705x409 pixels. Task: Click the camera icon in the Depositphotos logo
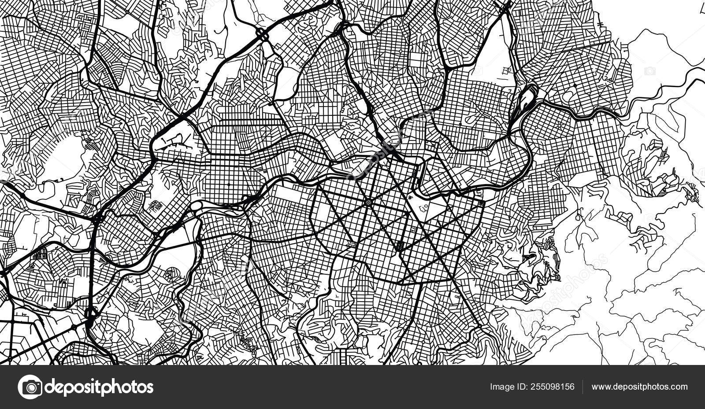point(30,387)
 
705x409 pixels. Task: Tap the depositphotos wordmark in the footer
point(99,387)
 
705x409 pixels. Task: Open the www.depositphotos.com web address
point(639,387)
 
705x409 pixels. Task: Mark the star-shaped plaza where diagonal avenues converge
point(367,202)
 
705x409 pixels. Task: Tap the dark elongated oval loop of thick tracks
point(527,98)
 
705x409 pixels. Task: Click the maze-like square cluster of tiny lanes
point(156,207)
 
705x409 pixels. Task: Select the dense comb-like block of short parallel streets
point(40,254)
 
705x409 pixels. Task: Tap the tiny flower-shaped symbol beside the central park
point(410,198)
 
